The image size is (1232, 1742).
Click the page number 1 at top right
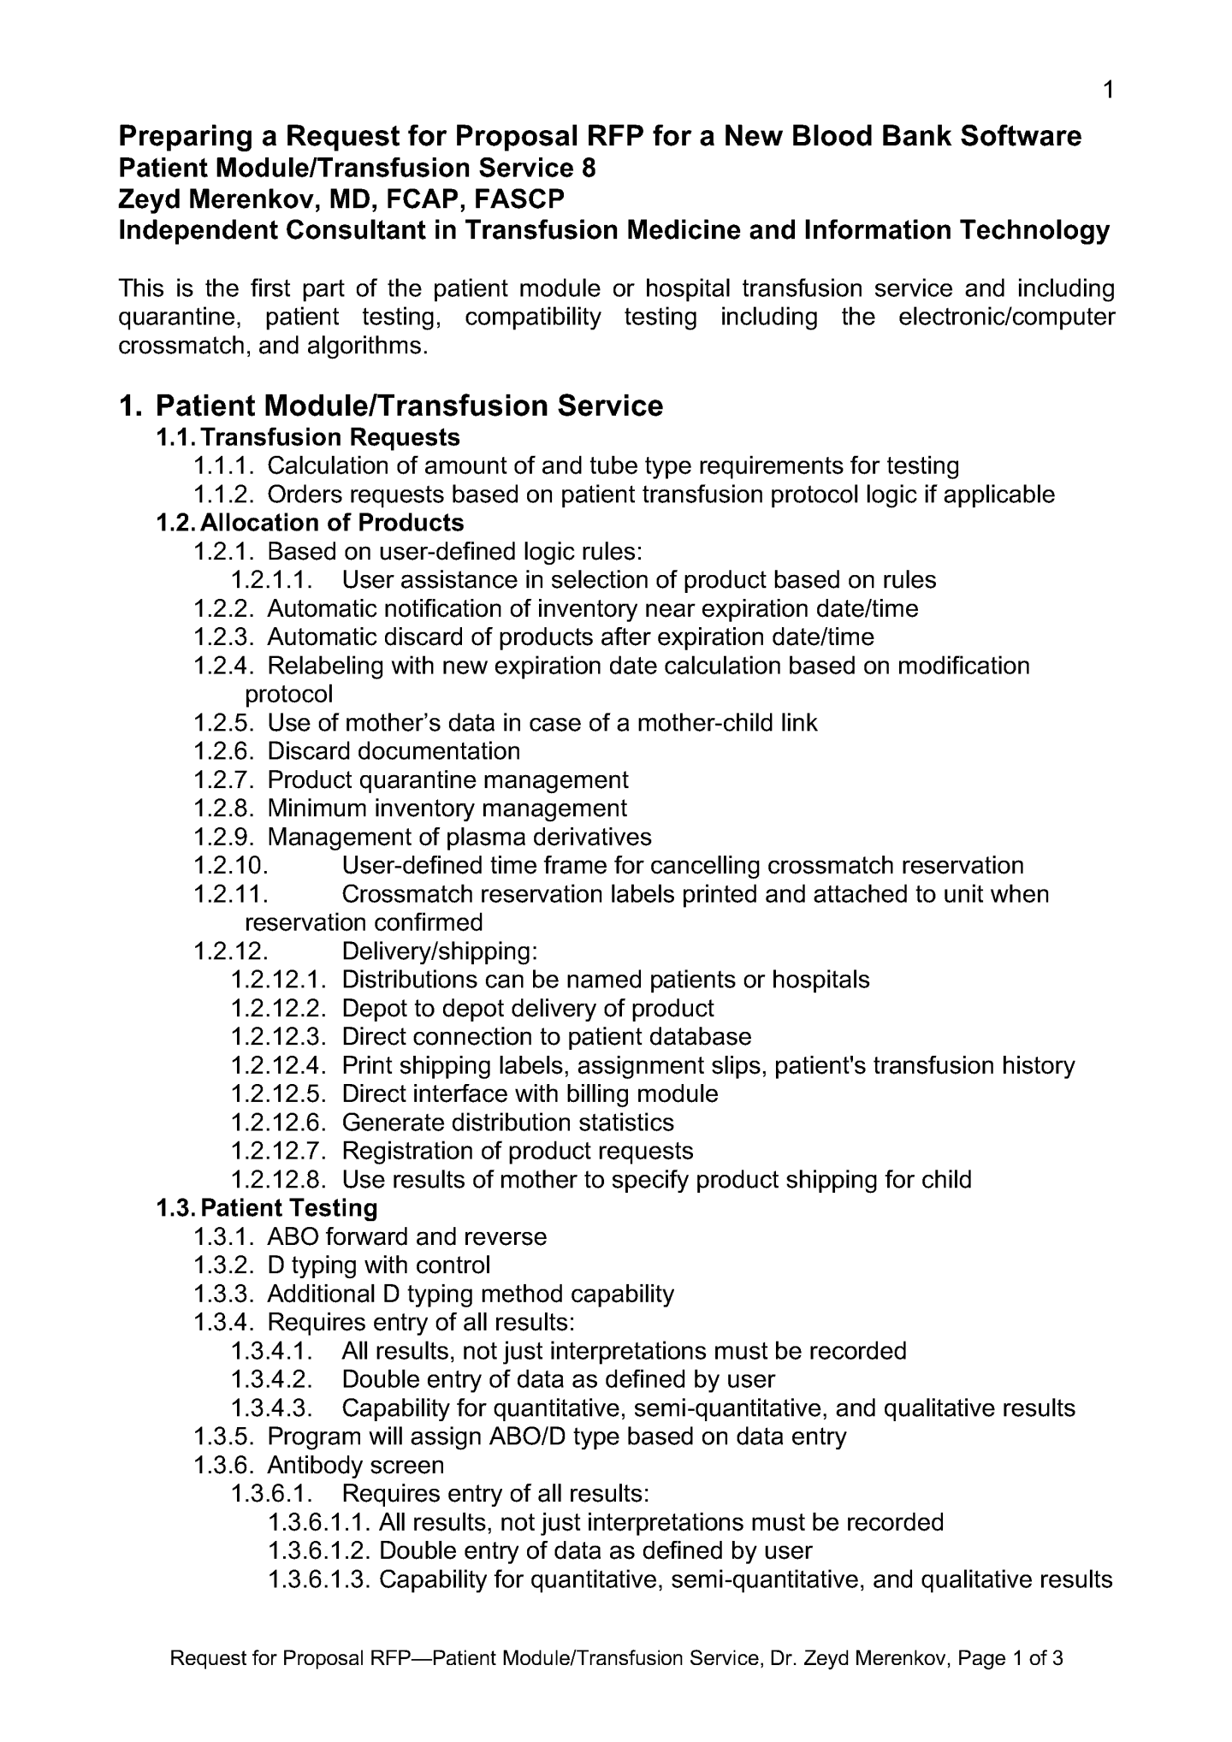point(1108,90)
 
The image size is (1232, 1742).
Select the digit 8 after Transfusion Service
point(589,168)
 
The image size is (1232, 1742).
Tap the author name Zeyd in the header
point(148,199)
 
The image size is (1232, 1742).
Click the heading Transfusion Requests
point(330,437)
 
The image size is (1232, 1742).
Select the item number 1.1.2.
point(225,495)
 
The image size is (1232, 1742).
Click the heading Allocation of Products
point(332,523)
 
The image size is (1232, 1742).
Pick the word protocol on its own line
point(288,694)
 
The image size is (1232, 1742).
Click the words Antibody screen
point(355,1466)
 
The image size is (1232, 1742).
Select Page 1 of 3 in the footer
point(1010,1659)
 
